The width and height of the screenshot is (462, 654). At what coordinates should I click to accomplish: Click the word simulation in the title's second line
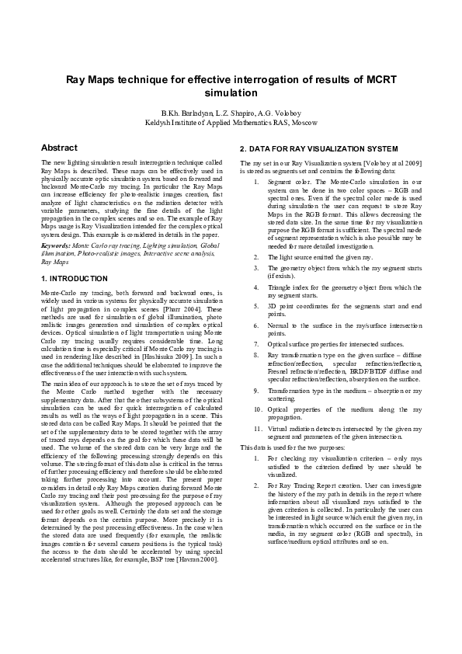point(231,93)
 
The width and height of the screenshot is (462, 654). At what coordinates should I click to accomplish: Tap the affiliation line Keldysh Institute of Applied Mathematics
point(231,123)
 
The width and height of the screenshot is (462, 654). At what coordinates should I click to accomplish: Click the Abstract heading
point(59,148)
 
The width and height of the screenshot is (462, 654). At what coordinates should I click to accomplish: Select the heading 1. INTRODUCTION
point(75,278)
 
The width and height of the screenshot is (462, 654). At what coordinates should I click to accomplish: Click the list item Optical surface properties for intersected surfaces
point(335,343)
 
